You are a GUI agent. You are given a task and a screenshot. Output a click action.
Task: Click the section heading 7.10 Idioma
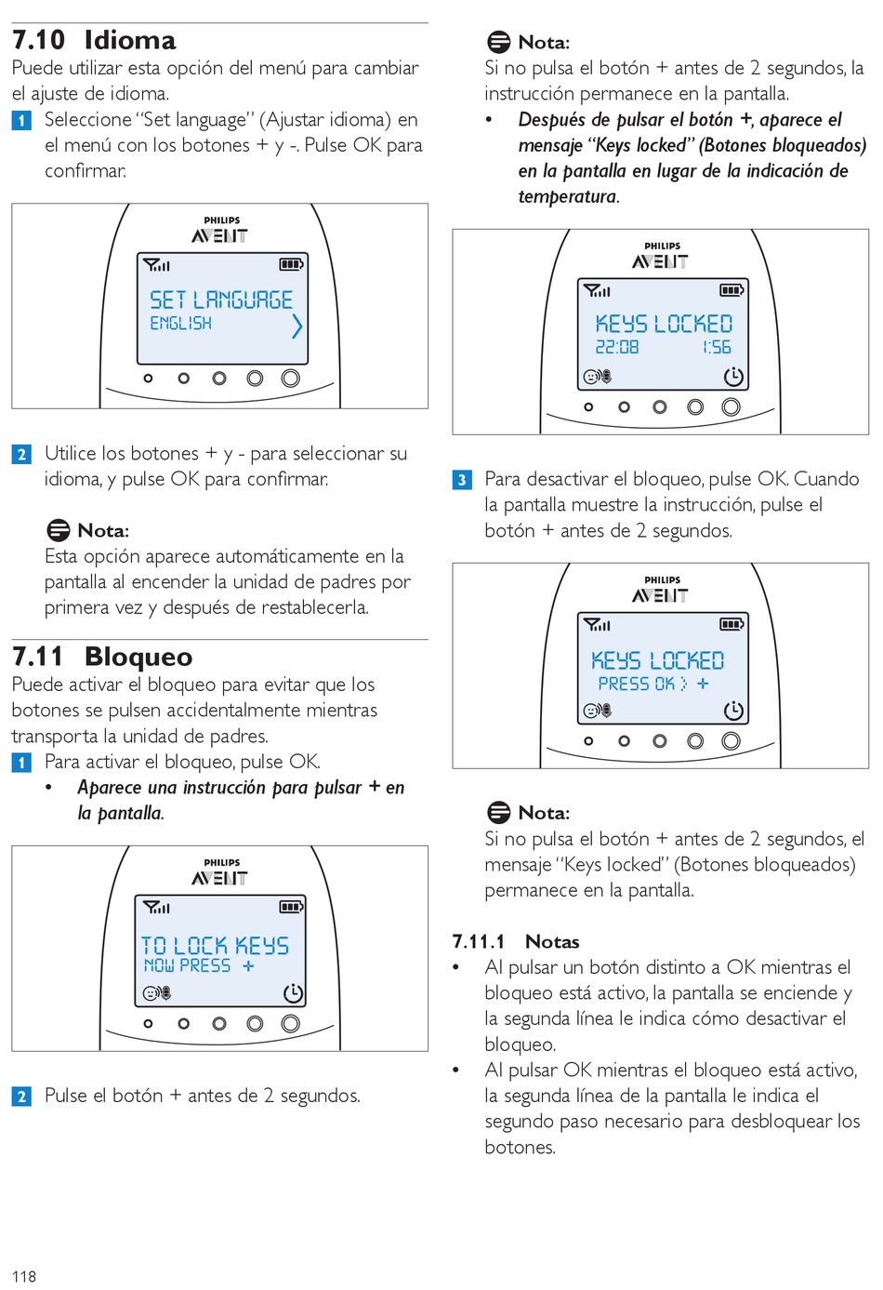[94, 40]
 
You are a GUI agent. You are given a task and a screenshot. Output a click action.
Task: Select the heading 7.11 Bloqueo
[102, 657]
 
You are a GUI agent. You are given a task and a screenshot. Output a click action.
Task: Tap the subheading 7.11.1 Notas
[516, 941]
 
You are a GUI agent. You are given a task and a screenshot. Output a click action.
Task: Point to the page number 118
[24, 1277]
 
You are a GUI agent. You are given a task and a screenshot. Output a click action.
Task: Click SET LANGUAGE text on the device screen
[221, 300]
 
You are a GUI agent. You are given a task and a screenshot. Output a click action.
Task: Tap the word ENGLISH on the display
[180, 323]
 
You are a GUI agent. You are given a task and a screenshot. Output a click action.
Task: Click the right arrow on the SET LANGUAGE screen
[297, 326]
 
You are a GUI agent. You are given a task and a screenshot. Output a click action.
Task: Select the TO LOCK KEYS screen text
[215, 946]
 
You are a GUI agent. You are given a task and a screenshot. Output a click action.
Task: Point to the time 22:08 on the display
[617, 347]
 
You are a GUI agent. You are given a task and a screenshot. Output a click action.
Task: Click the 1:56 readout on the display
[717, 347]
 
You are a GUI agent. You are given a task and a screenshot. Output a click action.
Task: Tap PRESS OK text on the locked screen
[636, 684]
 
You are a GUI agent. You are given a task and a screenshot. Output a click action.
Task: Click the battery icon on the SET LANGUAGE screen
[291, 264]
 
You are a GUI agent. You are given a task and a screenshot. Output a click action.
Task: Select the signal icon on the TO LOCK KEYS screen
[156, 907]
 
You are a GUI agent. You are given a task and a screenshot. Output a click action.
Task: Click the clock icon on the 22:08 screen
[733, 377]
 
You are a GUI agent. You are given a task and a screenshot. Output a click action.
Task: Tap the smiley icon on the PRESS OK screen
[590, 711]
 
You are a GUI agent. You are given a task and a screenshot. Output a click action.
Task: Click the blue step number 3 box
[462, 480]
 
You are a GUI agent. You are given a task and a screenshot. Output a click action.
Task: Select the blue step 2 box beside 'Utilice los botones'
[21, 455]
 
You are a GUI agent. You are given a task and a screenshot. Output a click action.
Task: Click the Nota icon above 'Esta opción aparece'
[59, 530]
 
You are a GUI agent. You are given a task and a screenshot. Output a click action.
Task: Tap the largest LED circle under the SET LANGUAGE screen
[291, 379]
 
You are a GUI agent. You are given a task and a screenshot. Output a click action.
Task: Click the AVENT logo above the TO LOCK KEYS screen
[219, 878]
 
